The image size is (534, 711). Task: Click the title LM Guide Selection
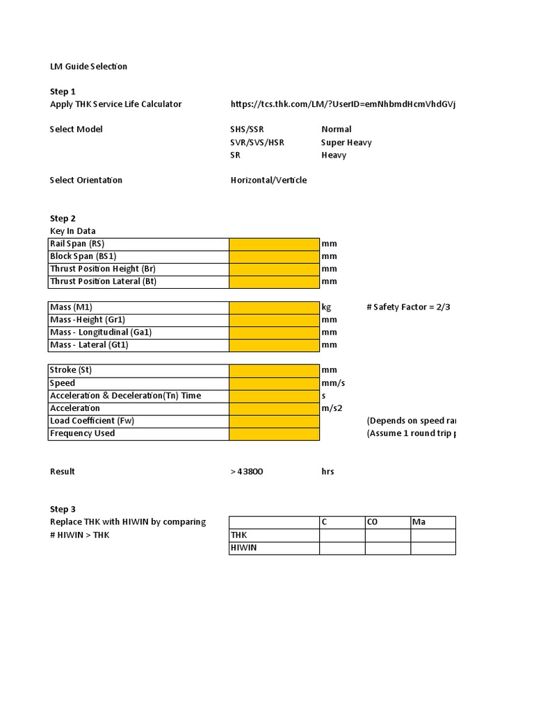pos(88,67)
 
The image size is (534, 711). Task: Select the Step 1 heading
pos(63,92)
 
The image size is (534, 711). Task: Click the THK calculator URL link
pos(343,104)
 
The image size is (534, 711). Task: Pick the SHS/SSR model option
pos(248,129)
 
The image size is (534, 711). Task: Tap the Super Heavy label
pos(346,142)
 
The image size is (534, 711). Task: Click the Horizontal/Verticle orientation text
pos(268,181)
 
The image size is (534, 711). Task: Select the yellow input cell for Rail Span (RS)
pos(274,244)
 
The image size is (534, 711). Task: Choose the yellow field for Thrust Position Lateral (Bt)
pos(274,282)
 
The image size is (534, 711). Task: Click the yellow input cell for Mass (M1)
pos(274,308)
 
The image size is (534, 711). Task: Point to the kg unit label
pos(326,308)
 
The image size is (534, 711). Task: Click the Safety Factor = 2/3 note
pos(408,308)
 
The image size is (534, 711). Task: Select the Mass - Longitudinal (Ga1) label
pos(101,333)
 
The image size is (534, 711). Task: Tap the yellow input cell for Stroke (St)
pos(274,370)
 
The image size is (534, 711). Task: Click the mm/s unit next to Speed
pos(333,383)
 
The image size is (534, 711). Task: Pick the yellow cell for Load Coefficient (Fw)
pos(274,421)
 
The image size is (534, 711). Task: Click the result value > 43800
pos(247,472)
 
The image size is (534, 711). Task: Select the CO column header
pos(372,522)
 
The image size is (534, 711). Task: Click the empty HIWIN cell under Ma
pos(432,549)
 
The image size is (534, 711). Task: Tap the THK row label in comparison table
pos(239,535)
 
